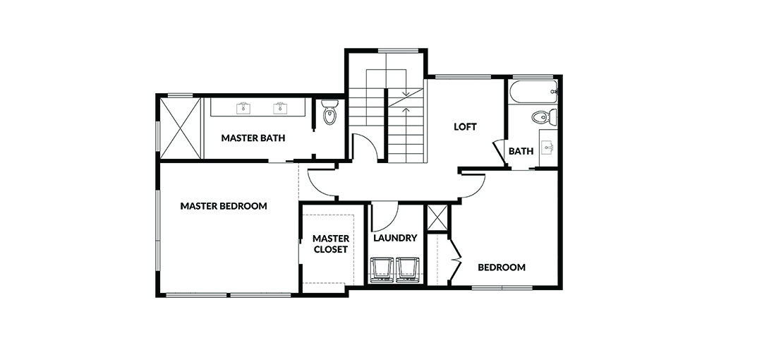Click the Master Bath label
(253, 138)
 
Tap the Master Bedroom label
(224, 206)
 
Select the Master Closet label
(331, 244)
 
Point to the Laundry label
(395, 238)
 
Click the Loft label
(466, 126)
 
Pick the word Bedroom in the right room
(502, 268)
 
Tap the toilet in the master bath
(329, 112)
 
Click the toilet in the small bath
(544, 117)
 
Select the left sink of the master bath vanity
(243, 108)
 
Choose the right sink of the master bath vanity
(281, 108)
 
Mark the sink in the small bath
(548, 145)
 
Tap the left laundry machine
(382, 270)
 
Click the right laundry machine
(408, 270)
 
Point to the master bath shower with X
(180, 128)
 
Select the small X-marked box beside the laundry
(438, 218)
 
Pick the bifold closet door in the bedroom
(454, 260)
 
